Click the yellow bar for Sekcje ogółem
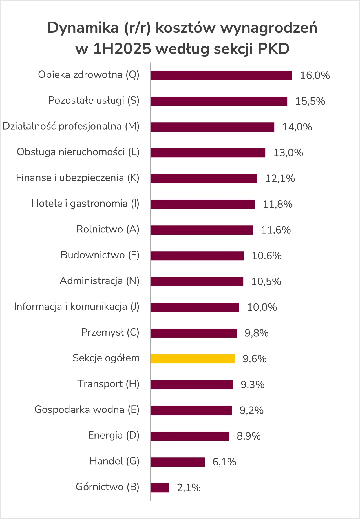(x=193, y=359)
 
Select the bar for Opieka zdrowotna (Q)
(x=221, y=76)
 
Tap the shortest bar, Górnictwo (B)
(x=160, y=488)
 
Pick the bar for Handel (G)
(x=177, y=462)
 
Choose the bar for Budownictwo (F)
(x=197, y=256)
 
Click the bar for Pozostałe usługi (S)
(x=219, y=101)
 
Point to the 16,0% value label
(x=315, y=76)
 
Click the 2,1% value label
(x=189, y=488)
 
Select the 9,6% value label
(x=255, y=359)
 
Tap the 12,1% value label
(x=280, y=179)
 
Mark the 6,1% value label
(x=224, y=462)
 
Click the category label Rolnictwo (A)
(x=108, y=229)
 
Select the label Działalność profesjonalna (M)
(x=71, y=126)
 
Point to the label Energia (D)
(x=114, y=436)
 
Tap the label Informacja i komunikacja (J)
(x=77, y=307)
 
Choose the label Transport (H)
(x=109, y=384)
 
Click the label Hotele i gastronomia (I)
(x=85, y=203)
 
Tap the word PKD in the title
(x=273, y=49)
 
